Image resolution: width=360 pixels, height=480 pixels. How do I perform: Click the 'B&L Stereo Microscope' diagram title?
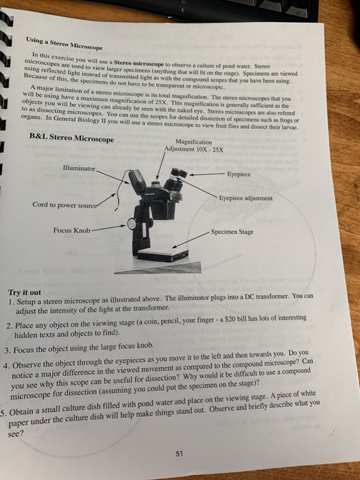click(72, 138)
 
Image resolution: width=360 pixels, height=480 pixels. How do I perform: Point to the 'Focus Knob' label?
click(70, 229)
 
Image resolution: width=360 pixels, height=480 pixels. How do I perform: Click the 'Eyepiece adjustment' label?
click(245, 198)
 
